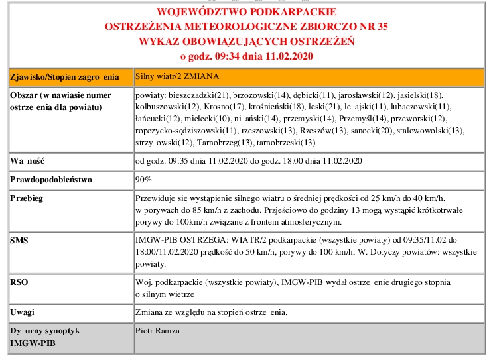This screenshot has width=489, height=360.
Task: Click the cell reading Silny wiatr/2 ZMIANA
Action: (177, 76)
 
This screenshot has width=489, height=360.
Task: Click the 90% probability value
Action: (143, 180)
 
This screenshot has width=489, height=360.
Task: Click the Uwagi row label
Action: (22, 312)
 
